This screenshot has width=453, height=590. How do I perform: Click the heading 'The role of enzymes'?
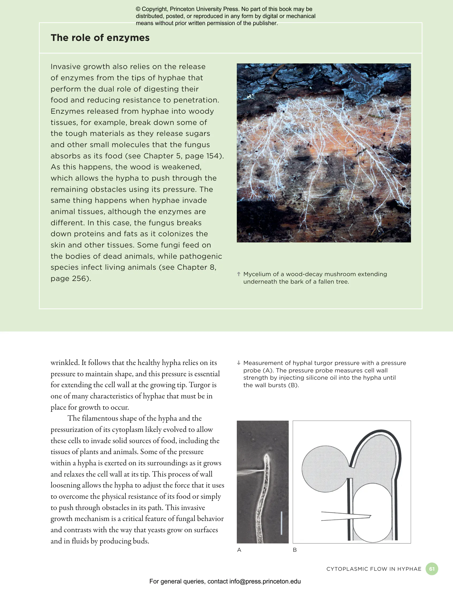[x=100, y=38]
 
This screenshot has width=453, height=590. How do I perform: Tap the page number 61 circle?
[x=432, y=569]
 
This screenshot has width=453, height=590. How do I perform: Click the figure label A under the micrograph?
[x=239, y=550]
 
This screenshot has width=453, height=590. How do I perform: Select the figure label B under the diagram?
[x=295, y=550]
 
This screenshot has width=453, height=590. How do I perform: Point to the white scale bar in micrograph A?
[x=281, y=523]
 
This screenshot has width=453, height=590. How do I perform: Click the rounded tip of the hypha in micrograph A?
[x=267, y=456]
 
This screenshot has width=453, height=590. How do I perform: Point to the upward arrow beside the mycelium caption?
[x=239, y=274]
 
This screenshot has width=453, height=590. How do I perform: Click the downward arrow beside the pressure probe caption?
[x=239, y=363]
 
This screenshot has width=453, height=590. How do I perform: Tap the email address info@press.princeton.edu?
[x=265, y=581]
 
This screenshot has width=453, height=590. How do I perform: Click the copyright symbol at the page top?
[x=138, y=9]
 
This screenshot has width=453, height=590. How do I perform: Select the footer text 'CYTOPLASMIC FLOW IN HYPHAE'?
[x=374, y=569]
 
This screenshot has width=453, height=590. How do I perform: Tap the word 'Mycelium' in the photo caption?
[x=256, y=274]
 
